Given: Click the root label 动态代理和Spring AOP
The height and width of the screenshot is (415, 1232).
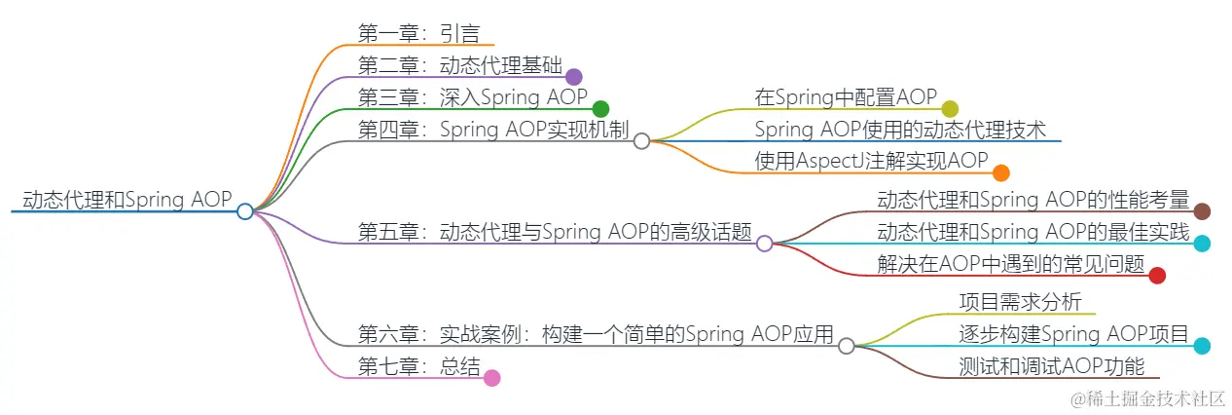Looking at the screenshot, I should point(127,200).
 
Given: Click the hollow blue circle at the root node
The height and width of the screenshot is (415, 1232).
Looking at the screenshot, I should point(245,210).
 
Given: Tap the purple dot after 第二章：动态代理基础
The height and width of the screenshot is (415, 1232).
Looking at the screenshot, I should point(573,77).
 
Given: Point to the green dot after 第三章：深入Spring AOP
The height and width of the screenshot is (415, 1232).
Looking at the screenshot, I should point(600,109).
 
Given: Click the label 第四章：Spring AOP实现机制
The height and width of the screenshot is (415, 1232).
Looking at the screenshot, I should point(493,130).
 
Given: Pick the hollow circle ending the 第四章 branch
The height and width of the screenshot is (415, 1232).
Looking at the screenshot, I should point(641,141).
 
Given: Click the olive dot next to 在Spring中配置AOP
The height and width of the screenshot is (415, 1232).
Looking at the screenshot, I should point(950,109).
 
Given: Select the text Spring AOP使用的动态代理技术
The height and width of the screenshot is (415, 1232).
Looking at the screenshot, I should point(900,130).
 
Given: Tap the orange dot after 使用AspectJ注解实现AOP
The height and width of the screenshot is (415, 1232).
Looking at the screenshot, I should point(1000,173).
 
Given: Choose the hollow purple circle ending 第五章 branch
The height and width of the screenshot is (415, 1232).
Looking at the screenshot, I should point(765,244).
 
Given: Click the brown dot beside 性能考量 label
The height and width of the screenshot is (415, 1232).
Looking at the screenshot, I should point(1202,211).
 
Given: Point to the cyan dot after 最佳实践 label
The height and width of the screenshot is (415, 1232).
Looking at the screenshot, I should point(1202,244).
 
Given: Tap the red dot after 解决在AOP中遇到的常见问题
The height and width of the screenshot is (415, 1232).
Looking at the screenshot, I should point(1157,276).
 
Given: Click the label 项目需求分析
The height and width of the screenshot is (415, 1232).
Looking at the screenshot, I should point(1020,302).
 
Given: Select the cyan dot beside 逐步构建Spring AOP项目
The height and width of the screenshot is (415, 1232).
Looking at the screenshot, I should point(1202,346).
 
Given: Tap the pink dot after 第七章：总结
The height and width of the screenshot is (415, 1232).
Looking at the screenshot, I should point(492,378).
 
